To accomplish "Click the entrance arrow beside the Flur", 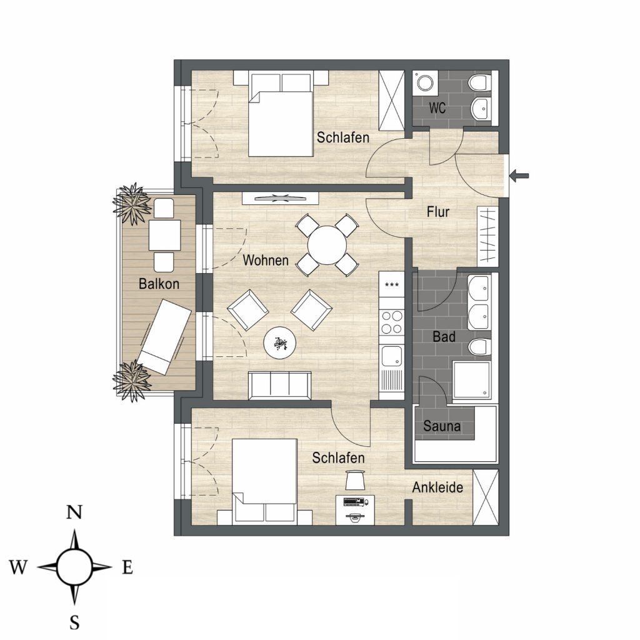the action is point(519,176).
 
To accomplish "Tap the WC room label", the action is point(437,108).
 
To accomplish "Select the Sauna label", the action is point(442,426).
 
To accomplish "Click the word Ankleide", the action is point(437,487).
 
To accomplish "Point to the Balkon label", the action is point(159,284).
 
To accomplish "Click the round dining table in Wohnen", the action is point(327,245).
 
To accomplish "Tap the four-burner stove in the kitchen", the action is point(391,322).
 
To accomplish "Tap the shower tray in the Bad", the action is point(471,379).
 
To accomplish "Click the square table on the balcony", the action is point(164,235).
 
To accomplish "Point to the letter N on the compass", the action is point(74,512).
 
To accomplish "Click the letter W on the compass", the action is point(18,567).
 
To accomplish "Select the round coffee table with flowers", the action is point(279,343).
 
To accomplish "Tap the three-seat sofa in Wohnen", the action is point(280,385).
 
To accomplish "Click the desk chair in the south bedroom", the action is point(354,479).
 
